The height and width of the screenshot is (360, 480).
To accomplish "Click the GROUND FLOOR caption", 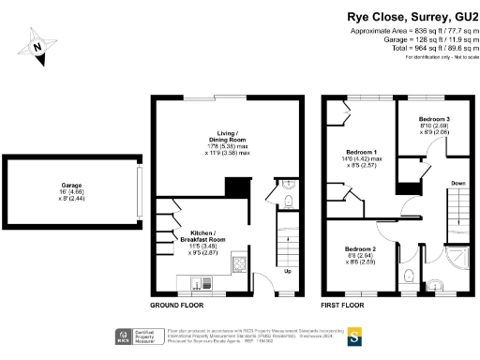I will (178, 307).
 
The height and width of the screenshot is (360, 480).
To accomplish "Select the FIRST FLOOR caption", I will (344, 307).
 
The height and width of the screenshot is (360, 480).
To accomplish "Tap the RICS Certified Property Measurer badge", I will (133, 335).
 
